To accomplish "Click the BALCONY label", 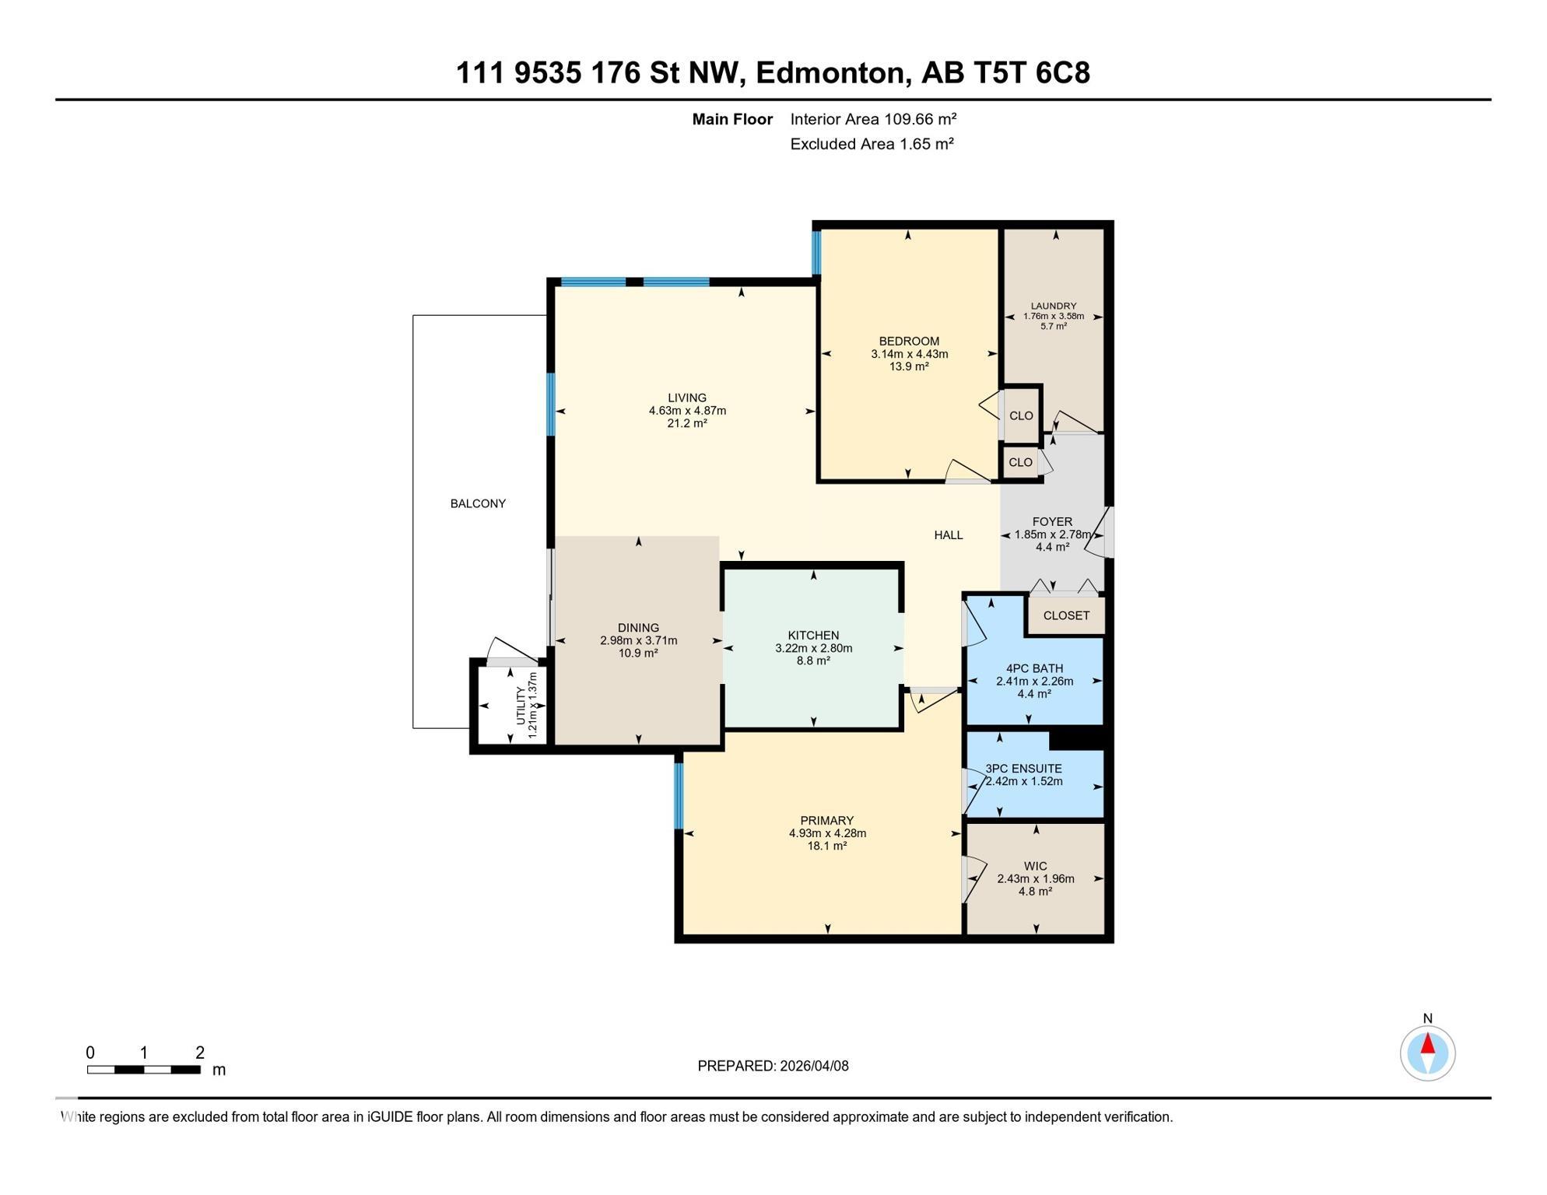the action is click(478, 503).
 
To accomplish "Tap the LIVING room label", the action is click(687, 398).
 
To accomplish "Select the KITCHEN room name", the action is click(813, 636).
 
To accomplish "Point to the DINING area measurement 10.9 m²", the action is click(638, 653).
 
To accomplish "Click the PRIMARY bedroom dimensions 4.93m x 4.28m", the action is click(827, 833).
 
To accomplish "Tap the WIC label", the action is click(1036, 866).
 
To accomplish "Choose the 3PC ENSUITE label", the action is click(1023, 769).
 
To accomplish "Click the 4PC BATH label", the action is click(1034, 668).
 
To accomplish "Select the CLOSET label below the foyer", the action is click(1066, 615).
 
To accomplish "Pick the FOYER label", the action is click(1052, 522).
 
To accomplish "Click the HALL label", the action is click(949, 535).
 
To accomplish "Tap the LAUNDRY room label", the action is click(1054, 307).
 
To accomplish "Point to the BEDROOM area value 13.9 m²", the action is click(909, 366).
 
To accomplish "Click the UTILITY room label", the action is click(521, 706).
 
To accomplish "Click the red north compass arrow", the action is click(1428, 1043).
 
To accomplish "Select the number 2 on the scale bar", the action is click(200, 1053).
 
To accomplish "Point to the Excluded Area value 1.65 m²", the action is click(927, 144).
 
